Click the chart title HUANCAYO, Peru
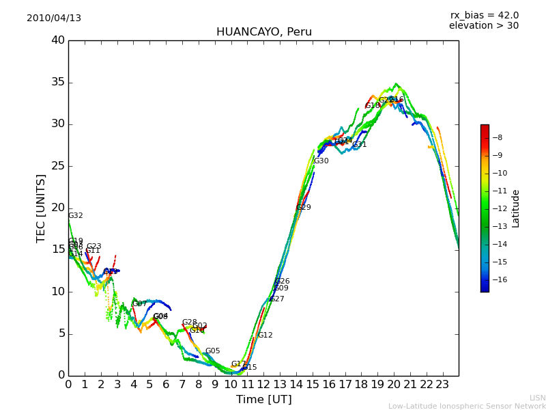[263, 32]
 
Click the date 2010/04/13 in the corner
[54, 18]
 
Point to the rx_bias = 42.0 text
[484, 16]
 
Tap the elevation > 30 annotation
[483, 26]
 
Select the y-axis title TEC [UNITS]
[42, 208]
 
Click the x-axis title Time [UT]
[263, 400]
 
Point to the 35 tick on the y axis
[58, 83]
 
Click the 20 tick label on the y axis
[58, 208]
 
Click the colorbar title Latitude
[516, 208]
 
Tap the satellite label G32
[75, 216]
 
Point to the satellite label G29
[303, 208]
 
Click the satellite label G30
[321, 161]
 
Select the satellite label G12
[265, 336]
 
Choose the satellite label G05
[212, 351]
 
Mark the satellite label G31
[359, 145]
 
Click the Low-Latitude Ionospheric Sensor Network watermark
[467, 407]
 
